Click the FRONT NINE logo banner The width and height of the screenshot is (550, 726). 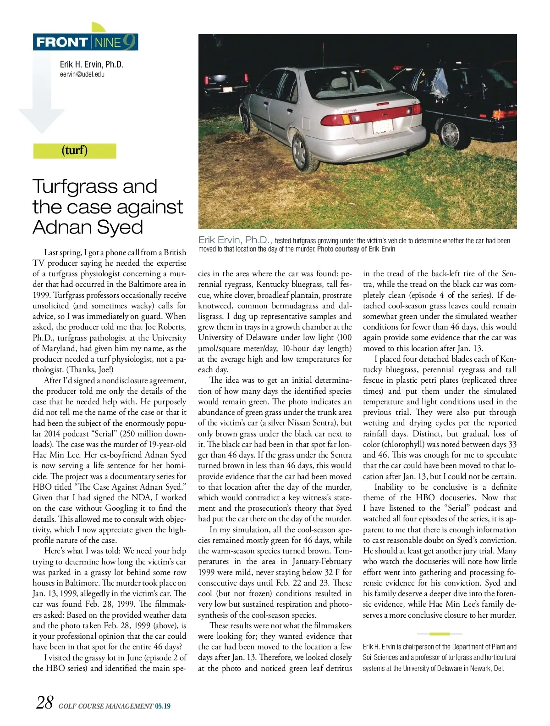tap(85, 42)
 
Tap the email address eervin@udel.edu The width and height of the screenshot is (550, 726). tap(82, 74)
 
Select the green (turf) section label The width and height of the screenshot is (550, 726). tap(74, 151)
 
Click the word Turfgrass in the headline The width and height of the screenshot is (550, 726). tap(77, 186)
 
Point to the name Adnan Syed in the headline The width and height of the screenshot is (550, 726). tap(88, 227)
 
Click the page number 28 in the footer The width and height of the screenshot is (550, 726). tap(44, 703)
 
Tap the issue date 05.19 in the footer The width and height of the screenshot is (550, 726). tap(162, 706)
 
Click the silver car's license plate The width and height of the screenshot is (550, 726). tap(381, 126)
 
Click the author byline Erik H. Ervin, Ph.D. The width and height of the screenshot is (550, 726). tap(92, 64)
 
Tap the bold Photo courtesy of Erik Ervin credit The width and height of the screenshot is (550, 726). tap(356, 249)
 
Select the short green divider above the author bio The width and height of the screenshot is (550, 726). tap(440, 634)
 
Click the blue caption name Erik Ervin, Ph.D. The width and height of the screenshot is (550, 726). tap(236, 240)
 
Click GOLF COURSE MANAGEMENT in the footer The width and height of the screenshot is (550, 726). tap(105, 706)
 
